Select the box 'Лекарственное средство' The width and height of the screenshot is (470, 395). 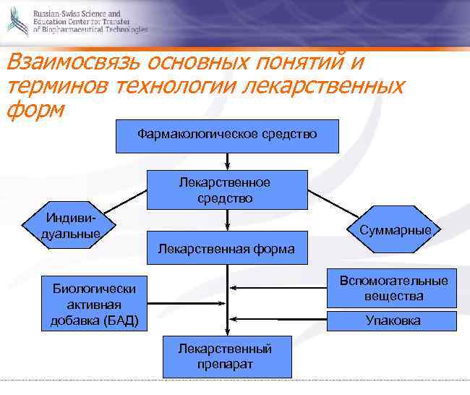click(227, 190)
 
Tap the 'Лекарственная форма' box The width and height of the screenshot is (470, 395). click(227, 248)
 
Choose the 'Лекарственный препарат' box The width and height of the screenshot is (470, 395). click(227, 357)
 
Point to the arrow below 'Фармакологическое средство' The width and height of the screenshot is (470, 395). click(227, 161)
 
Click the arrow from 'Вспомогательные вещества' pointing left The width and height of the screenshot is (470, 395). click(278, 288)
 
